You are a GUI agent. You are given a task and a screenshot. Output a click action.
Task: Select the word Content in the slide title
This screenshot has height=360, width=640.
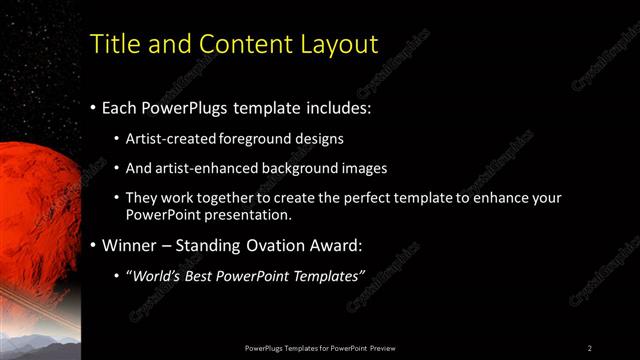pyautogui.click(x=240, y=45)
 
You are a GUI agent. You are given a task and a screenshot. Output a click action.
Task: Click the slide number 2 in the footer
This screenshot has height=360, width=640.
pyautogui.click(x=590, y=348)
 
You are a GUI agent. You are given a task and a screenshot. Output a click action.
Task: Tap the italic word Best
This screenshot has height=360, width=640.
pyautogui.click(x=204, y=275)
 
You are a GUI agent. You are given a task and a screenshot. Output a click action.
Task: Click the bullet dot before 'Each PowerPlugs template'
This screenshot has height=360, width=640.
pyautogui.click(x=93, y=105)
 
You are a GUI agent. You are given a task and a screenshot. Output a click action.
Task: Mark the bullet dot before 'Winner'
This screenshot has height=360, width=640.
pyautogui.click(x=93, y=244)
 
